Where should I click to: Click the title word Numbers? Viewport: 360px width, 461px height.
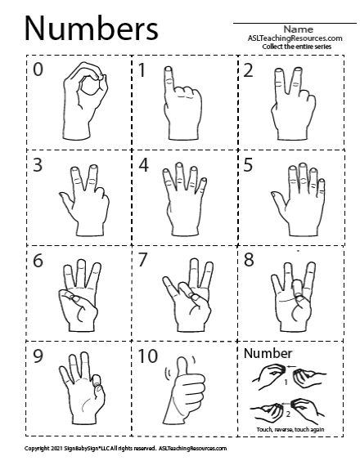point(92,29)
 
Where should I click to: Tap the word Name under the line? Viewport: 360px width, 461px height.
point(298,29)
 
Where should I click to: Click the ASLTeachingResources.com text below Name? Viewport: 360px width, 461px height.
point(295,38)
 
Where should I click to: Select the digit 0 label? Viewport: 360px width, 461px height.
point(38,69)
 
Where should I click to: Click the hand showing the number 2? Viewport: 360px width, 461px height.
point(293,104)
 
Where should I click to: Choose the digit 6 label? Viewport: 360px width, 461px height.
point(38,261)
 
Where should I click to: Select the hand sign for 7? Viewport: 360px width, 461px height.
point(187,295)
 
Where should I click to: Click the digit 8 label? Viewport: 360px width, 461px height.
point(249,260)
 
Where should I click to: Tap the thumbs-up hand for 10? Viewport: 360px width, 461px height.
point(184,391)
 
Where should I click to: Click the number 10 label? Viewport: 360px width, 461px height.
point(148,356)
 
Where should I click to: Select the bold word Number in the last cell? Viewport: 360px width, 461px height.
point(268,353)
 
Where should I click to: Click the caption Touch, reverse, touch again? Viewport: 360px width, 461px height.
point(290,430)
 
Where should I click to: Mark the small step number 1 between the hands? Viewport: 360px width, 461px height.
point(286,383)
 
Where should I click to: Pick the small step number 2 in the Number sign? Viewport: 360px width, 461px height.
point(288,414)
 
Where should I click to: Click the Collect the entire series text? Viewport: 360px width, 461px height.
point(297,47)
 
